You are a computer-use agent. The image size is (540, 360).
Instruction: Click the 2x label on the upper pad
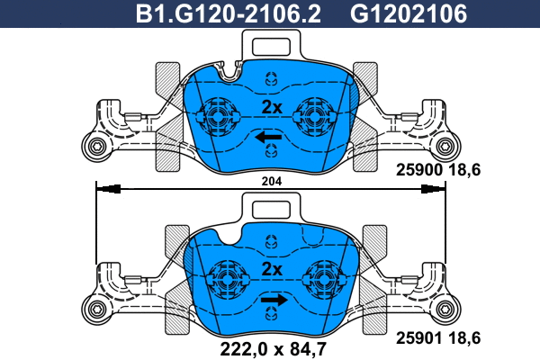[271, 107]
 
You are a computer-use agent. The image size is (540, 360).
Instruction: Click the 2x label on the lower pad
[271, 269]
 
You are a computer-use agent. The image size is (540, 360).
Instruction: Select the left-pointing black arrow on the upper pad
[267, 137]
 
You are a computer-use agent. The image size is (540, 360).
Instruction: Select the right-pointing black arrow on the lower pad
[274, 300]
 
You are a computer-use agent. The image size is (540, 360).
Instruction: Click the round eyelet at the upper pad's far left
[93, 147]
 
